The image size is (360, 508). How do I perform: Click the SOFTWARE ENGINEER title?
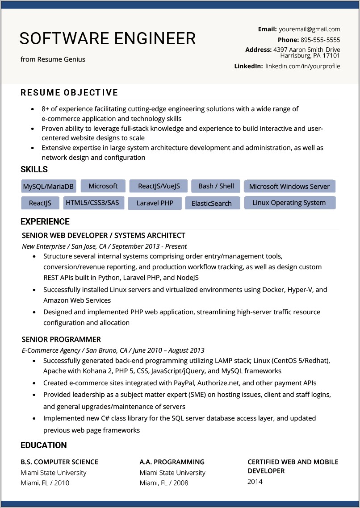[108, 39]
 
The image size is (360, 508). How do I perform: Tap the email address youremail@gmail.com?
[309, 29]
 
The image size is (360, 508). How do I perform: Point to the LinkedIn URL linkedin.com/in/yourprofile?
[302, 66]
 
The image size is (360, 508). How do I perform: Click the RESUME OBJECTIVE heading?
[69, 93]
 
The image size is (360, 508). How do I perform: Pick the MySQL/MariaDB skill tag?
[49, 186]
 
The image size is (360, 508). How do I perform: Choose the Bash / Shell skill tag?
[216, 186]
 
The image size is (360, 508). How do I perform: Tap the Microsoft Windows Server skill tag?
[289, 186]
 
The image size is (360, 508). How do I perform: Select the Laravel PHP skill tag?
[155, 203]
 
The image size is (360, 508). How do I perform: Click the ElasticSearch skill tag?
[212, 203]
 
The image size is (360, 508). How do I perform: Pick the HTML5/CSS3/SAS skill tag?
[92, 203]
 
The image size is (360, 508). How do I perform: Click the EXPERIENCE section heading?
[45, 222]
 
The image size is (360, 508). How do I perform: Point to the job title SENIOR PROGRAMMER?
[61, 339]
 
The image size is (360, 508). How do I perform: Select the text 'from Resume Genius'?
[53, 59]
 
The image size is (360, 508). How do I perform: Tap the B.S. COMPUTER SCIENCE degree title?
[59, 462]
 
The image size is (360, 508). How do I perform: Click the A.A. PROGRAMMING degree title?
[172, 462]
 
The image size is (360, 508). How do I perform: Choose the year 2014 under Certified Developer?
[255, 482]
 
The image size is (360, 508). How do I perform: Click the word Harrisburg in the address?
[296, 56]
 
